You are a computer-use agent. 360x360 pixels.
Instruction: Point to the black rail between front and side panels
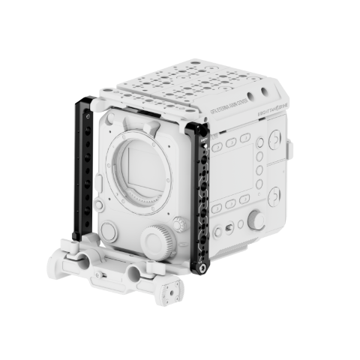pos(200,195)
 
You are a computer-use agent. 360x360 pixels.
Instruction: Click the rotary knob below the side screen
pos(257,219)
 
